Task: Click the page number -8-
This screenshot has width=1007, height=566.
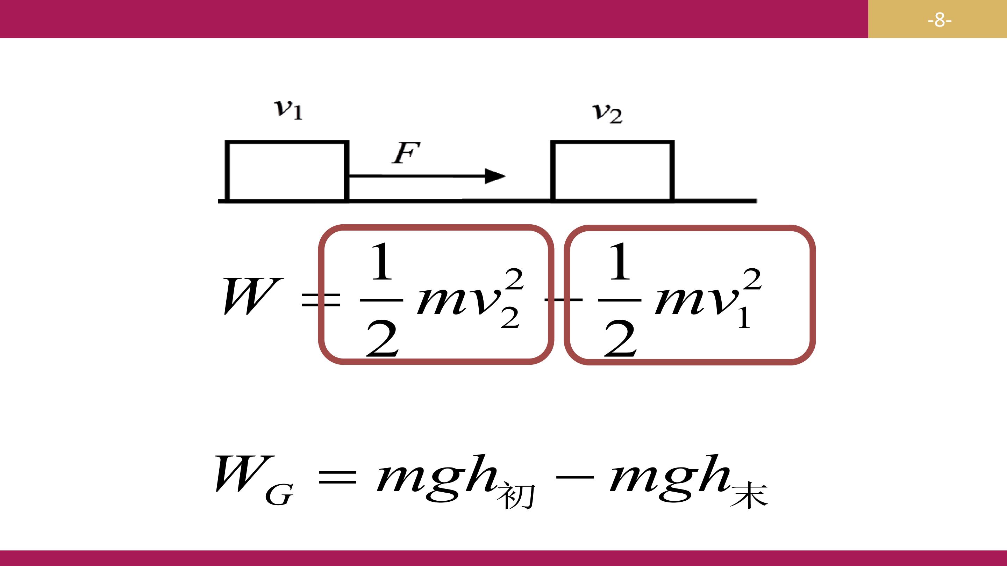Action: (x=940, y=20)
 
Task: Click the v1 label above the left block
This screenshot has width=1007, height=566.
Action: (x=288, y=110)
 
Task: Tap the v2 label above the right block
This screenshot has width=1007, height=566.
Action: (x=607, y=114)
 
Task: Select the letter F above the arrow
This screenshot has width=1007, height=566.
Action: (x=406, y=153)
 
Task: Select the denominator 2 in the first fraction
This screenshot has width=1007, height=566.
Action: (x=382, y=338)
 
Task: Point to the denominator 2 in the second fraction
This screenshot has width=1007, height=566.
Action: (x=620, y=338)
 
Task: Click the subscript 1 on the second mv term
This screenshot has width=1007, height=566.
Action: (x=744, y=318)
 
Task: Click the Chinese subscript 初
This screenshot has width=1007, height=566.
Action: (x=516, y=496)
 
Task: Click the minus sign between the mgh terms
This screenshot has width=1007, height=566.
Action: (x=574, y=477)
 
